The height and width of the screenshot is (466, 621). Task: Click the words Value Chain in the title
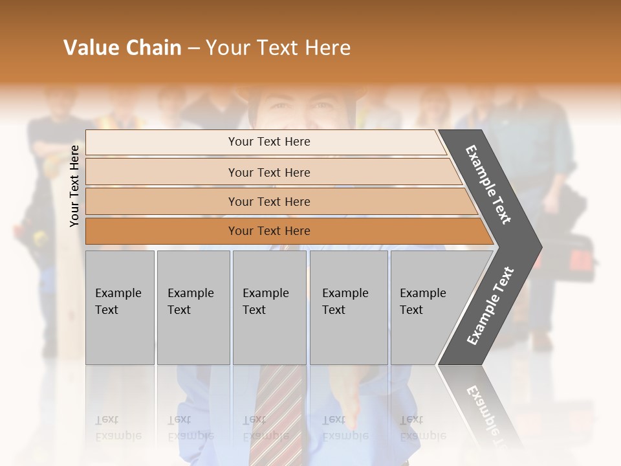(x=122, y=48)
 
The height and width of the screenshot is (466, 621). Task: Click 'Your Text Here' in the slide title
(x=278, y=48)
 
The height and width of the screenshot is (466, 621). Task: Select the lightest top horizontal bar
(x=162, y=142)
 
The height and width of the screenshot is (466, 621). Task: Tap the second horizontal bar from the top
(x=162, y=172)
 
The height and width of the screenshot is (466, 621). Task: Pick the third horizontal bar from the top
(x=162, y=201)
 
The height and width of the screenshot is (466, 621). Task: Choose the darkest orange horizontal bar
(x=162, y=231)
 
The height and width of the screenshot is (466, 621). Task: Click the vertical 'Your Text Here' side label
(x=74, y=186)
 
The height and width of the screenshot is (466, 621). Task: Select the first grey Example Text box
(x=120, y=307)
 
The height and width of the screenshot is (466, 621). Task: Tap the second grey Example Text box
(x=193, y=307)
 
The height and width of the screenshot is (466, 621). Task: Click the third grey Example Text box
(x=269, y=307)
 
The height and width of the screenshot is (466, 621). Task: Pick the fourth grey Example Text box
(x=349, y=307)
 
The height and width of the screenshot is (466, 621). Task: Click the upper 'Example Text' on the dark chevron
(x=488, y=184)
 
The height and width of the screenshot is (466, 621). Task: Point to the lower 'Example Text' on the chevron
(x=490, y=306)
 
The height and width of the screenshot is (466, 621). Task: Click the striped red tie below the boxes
(x=275, y=414)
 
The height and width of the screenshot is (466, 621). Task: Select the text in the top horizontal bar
(x=269, y=142)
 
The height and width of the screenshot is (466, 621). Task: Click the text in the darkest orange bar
(x=269, y=231)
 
